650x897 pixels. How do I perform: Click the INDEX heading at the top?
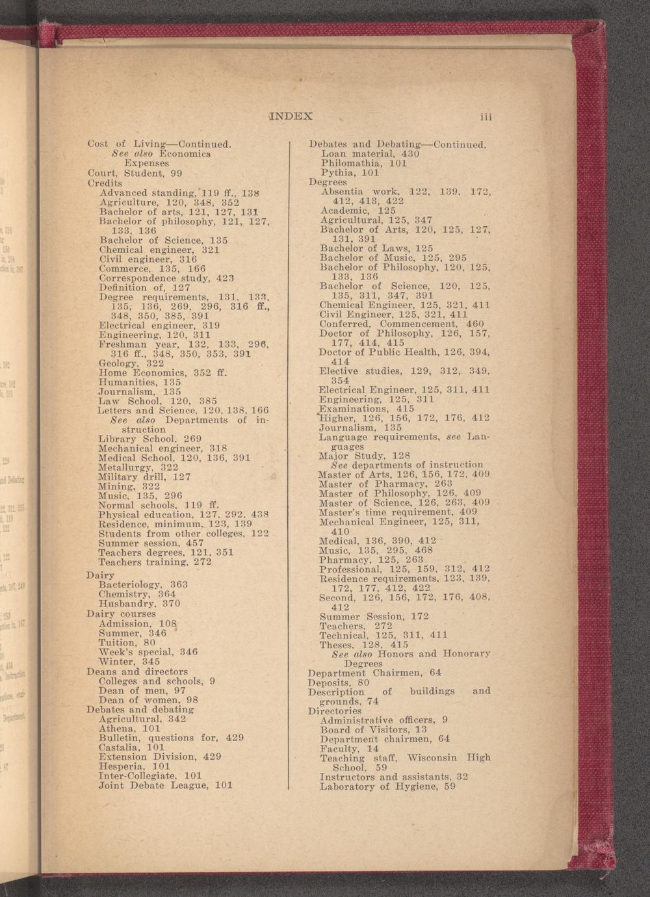pos(291,117)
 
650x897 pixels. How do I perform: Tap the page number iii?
pos(486,117)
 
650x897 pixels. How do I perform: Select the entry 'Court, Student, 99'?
pos(135,174)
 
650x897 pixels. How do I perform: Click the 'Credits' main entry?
pos(105,183)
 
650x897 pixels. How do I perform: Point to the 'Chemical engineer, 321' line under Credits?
pos(159,250)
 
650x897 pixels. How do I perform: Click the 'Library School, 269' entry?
pos(149,439)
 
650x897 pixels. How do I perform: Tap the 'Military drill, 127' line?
pos(144,476)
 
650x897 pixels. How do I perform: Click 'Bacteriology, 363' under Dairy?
pos(143,585)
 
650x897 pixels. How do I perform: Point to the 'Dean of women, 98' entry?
pos(148,700)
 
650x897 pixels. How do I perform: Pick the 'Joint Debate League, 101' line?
pos(165,785)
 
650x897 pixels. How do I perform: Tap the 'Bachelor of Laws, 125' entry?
pos(376,248)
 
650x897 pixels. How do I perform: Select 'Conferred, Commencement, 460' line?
pos(402,324)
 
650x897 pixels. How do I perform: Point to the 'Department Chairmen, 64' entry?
pos(374,672)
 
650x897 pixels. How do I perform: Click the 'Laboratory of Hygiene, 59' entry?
pos(387,786)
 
